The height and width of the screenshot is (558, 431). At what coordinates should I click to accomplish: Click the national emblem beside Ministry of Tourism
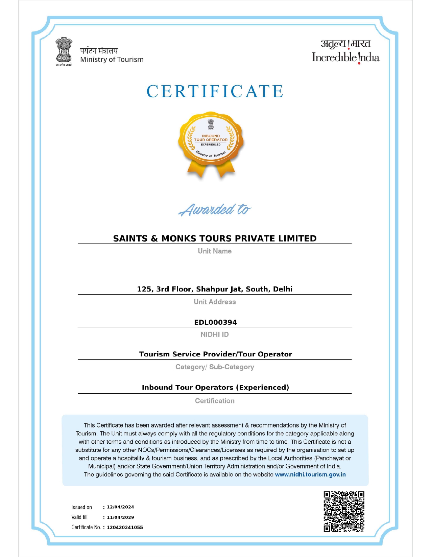64,51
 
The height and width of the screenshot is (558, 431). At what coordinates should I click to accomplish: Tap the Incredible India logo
345,51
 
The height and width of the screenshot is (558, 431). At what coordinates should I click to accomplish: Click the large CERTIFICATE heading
215,91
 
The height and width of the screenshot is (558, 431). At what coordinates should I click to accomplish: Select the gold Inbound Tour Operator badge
211,144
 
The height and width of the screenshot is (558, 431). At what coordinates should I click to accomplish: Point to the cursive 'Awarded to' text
215,210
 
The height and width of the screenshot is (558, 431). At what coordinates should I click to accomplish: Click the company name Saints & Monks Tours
215,238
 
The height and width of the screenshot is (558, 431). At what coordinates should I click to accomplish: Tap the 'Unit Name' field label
215,251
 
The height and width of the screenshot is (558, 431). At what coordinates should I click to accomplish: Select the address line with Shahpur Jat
215,289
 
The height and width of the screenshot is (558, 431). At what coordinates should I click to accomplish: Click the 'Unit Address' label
215,302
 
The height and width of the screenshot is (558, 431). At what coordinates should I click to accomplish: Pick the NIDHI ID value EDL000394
215,322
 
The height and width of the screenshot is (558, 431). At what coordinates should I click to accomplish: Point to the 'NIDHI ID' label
215,334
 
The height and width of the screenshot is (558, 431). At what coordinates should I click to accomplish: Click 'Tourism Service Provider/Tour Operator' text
215,354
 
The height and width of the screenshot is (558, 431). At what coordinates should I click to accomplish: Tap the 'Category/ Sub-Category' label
215,367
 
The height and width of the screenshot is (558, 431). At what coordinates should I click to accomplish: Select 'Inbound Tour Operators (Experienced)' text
215,387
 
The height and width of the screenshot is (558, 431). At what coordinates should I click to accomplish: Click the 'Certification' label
215,401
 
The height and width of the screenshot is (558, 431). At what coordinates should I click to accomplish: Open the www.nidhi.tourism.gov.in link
310,474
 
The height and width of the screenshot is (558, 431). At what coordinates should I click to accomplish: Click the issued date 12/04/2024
120,507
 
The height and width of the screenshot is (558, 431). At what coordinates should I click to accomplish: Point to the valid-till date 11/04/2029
120,517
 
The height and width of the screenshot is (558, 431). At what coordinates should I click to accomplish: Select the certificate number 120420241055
125,527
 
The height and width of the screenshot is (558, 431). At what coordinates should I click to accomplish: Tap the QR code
344,512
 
